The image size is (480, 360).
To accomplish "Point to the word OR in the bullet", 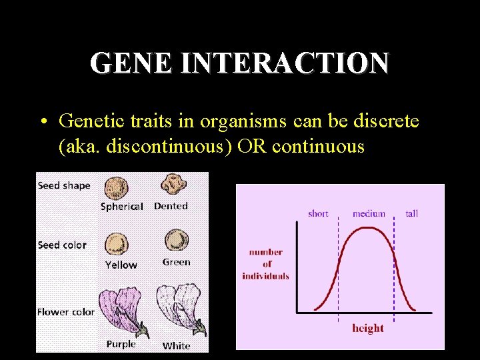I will pos(249,146).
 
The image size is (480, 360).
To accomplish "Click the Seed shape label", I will pos(64,185).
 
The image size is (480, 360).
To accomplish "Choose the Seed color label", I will pos(62,245).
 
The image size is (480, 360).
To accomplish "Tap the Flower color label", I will pos(66,311).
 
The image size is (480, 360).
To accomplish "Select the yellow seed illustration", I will pos(117,245).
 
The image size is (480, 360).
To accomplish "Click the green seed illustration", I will pos(177,241).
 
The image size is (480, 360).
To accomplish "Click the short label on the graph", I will pos(318,213).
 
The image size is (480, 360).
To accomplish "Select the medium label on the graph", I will pos(369,213).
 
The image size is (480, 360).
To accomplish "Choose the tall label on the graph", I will pos(412,213).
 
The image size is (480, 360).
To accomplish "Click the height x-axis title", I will pos(368,328).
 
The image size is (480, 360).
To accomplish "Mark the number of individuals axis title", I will pos(266,264).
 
